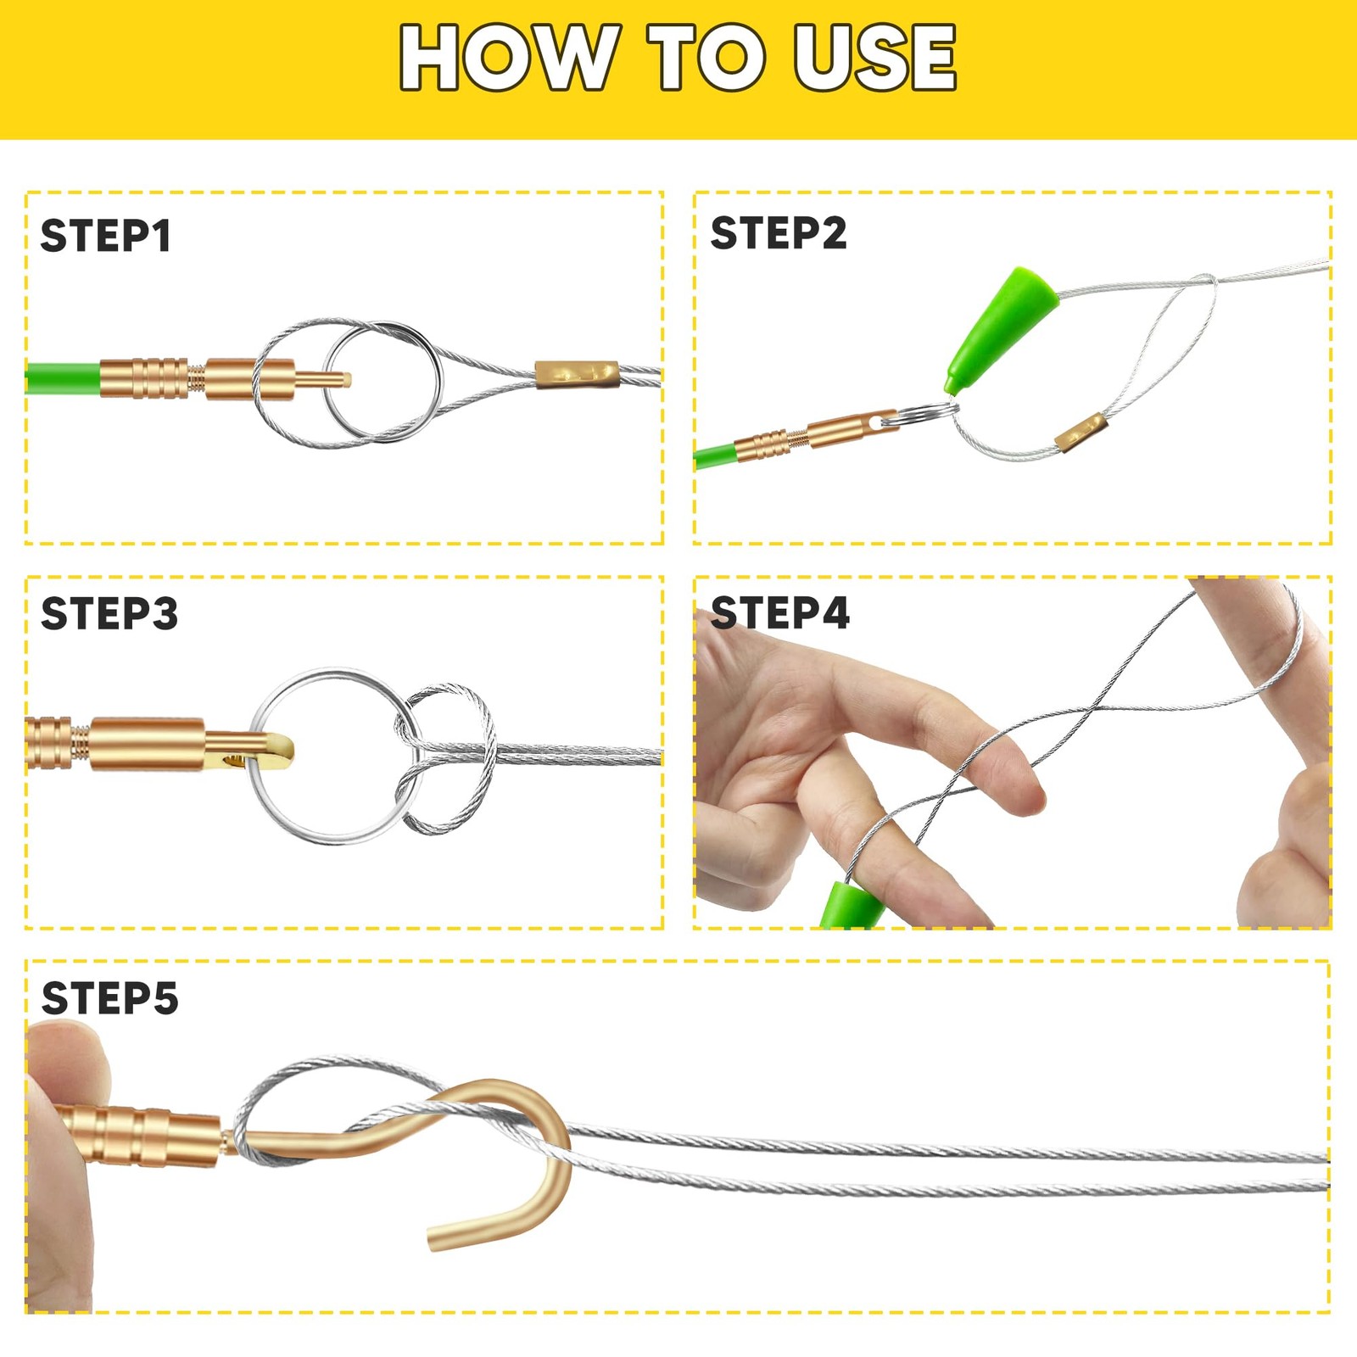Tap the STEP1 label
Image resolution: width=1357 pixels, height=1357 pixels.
point(106,236)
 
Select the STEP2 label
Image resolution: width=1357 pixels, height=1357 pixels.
point(779,233)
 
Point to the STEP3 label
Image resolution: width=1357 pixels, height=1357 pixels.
point(109,613)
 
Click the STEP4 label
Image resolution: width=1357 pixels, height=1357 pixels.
point(780,612)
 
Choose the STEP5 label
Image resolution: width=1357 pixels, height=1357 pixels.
point(110,998)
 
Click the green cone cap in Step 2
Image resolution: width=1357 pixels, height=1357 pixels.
point(1001,331)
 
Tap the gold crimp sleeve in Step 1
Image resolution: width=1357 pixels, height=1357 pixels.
point(577,374)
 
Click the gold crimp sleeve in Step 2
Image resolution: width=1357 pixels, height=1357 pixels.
point(1081,432)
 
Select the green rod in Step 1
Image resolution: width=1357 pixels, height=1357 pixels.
point(64,378)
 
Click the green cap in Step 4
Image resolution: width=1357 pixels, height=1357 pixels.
point(852,905)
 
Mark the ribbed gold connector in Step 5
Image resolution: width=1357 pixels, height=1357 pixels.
point(140,1135)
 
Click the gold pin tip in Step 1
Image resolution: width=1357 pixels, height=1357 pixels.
point(345,379)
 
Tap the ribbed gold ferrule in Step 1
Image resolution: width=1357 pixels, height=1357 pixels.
point(144,378)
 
